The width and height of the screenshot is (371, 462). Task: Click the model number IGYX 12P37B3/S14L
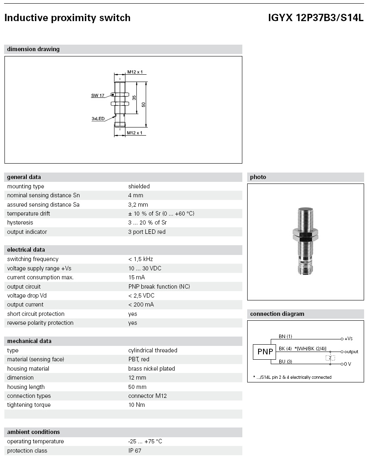pos(316,18)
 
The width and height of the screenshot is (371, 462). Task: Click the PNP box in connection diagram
pos(265,352)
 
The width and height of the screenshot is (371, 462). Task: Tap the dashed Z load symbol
pos(330,358)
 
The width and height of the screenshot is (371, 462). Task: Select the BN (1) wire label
pos(285,336)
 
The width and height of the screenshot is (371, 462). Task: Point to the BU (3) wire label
pos(285,361)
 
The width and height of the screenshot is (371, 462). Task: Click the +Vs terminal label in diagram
pos(348,339)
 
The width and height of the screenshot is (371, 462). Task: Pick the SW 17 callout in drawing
pos(97,95)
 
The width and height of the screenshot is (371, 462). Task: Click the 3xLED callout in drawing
pos(98,119)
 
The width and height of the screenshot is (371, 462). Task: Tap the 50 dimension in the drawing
pos(143,104)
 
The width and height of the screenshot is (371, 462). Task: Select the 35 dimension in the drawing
pos(134,97)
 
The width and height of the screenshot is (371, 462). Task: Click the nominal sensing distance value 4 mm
pos(135,196)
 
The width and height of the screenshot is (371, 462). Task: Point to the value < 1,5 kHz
pos(140,259)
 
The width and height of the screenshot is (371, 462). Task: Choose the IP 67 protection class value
pos(135,451)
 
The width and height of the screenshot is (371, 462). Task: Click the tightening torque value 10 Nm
pos(136,405)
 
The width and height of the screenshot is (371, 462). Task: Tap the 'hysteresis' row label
pos(20,222)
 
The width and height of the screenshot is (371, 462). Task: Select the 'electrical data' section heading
pos(26,250)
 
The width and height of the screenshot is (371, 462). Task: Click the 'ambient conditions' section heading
pos(33,432)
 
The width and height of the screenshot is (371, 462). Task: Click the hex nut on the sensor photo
pos(305,235)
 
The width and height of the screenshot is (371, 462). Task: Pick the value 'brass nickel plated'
pos(151,369)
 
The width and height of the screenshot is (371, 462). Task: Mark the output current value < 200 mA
pos(141,304)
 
